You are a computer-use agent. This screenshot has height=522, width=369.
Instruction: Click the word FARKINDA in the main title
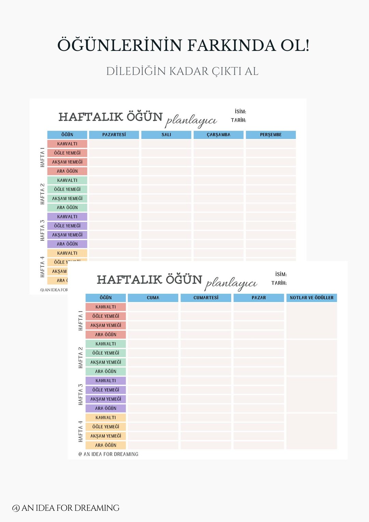(231, 45)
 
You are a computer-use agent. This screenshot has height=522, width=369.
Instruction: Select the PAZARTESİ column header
(114, 135)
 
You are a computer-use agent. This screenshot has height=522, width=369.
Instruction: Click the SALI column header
(166, 135)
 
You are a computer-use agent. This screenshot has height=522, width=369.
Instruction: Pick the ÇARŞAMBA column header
(218, 135)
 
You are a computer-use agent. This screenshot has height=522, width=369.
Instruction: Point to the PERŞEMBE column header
(271, 135)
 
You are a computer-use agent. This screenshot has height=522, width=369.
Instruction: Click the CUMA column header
(153, 298)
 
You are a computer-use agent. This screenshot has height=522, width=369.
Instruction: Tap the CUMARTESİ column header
(206, 298)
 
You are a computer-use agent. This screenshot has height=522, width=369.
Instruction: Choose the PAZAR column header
(259, 298)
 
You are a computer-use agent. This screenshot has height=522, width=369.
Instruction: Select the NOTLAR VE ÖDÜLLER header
(312, 298)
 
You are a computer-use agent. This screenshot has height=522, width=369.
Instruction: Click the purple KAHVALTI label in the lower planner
(106, 381)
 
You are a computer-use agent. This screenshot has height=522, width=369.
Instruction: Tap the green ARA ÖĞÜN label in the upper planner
(67, 207)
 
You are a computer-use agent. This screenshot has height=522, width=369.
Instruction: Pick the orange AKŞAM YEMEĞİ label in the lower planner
(106, 436)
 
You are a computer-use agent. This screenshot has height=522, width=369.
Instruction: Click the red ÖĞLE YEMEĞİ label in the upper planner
(67, 153)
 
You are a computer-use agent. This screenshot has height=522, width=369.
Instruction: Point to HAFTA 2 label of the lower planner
(81, 357)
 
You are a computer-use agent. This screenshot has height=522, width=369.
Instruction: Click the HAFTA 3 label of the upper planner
(42, 230)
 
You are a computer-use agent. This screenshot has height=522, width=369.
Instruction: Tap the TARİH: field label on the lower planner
(279, 283)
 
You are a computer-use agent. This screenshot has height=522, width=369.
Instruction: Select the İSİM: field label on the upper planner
(240, 111)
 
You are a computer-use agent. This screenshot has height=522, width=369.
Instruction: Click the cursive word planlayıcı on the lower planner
(231, 283)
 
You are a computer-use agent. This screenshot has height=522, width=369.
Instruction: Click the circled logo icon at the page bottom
(16, 508)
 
